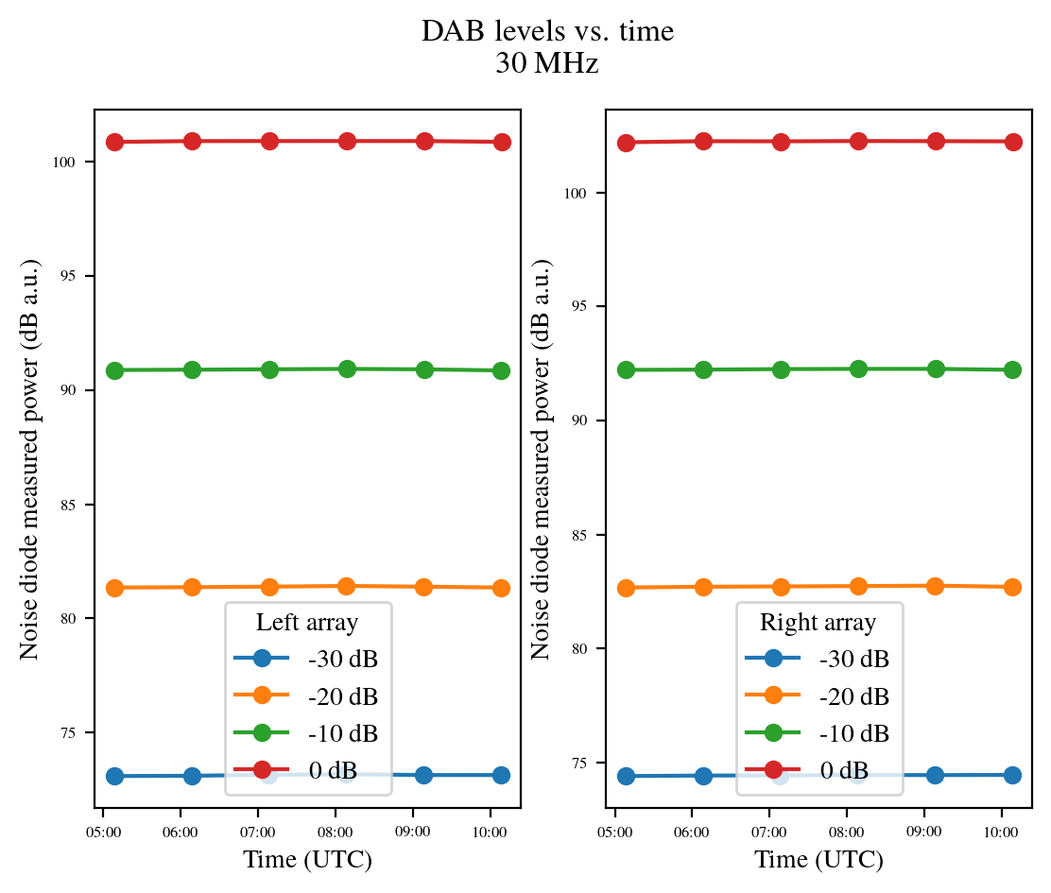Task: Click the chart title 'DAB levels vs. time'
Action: (547, 31)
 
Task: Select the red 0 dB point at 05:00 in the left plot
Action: (115, 142)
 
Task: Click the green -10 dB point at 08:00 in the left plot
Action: (347, 369)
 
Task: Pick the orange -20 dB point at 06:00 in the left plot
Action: (192, 587)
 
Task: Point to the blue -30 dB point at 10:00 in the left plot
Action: (501, 775)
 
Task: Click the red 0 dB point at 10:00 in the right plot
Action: (1012, 142)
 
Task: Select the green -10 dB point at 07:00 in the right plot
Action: (781, 369)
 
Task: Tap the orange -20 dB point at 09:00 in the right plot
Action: (935, 586)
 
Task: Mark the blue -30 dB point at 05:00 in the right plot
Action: (626, 776)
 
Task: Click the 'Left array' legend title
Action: (307, 623)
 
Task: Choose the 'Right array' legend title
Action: (818, 623)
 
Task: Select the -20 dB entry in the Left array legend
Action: (342, 697)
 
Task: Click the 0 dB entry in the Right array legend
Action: (843, 770)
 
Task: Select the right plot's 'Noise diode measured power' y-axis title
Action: (541, 457)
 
